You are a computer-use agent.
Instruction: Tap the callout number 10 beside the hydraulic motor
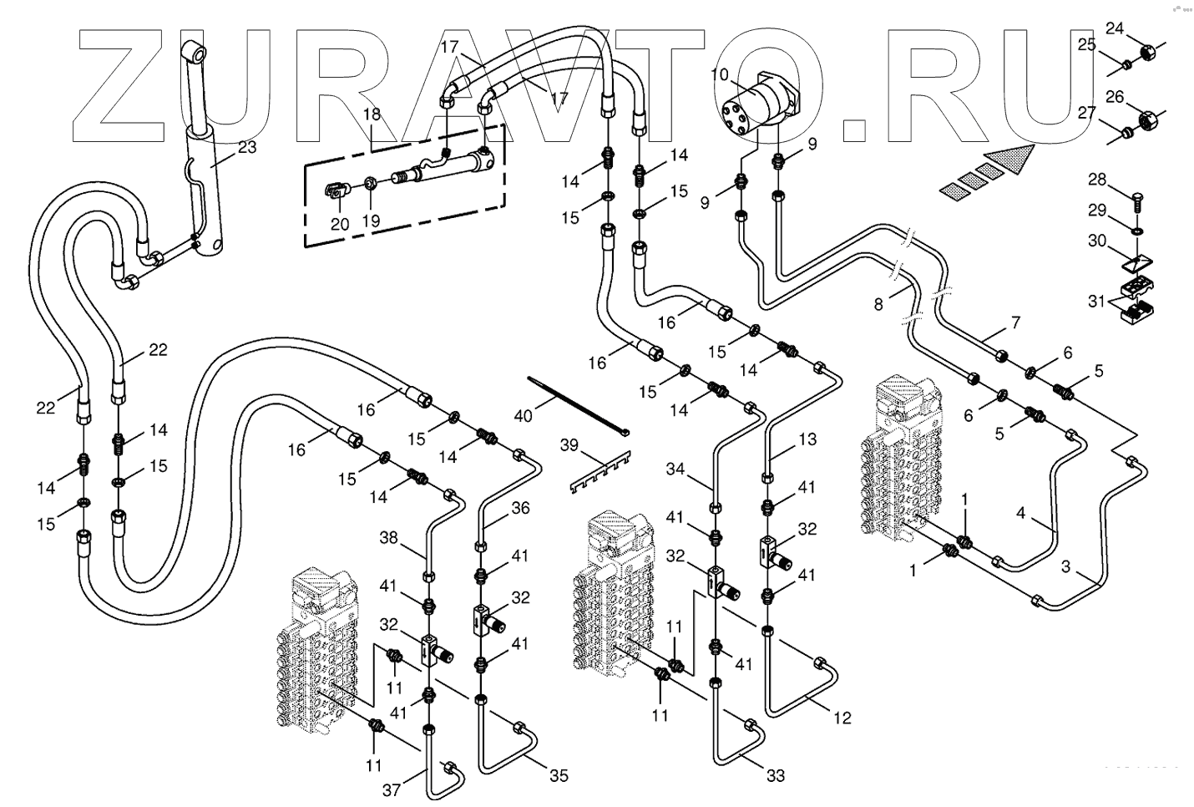click(720, 76)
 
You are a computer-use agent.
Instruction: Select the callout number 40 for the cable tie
click(523, 414)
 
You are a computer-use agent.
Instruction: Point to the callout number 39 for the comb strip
click(569, 446)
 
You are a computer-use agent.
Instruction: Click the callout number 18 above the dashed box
click(371, 115)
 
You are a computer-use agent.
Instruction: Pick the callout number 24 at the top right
click(1116, 28)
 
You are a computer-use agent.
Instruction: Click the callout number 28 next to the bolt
click(1096, 180)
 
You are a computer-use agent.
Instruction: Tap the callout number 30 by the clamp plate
click(1096, 241)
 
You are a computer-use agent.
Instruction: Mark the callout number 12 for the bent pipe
click(842, 717)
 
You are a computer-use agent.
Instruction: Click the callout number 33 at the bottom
click(776, 776)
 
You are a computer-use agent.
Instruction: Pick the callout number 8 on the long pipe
click(878, 305)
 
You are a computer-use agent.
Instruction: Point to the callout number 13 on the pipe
click(807, 439)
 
